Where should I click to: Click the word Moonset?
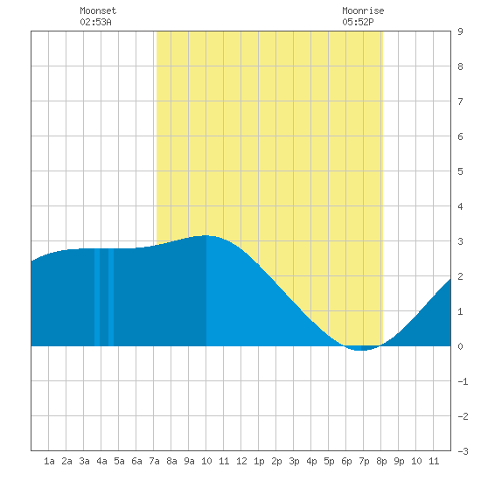pos(98,10)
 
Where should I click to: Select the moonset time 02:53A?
pos(95,22)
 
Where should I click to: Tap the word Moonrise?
pos(363,10)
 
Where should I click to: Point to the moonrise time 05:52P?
pos(358,22)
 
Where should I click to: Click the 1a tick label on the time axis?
pos(49,461)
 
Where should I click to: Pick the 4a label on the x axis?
pos(101,461)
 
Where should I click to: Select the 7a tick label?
pos(154,461)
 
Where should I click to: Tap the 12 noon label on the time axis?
pos(241,461)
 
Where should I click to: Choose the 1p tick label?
pos(259,461)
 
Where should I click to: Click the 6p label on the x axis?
pos(346,461)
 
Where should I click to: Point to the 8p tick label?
pos(381,461)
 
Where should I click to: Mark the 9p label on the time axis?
pos(399,461)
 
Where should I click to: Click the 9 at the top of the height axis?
pos(460,31)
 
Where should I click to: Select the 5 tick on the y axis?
pos(460,171)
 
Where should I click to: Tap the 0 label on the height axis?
pos(460,346)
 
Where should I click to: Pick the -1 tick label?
pos(463,381)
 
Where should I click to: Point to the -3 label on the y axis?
pos(463,451)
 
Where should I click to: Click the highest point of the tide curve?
pos(206,235)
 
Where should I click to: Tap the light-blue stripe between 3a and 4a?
pos(97,297)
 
